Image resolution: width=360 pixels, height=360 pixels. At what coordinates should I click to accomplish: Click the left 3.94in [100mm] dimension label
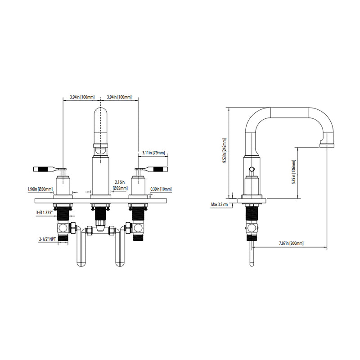tap(81, 97)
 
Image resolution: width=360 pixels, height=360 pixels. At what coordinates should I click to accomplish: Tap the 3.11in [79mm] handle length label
tap(153, 153)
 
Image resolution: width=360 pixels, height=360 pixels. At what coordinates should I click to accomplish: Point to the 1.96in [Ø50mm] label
tap(40, 189)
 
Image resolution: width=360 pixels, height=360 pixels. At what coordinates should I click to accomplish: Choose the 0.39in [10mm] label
tap(161, 189)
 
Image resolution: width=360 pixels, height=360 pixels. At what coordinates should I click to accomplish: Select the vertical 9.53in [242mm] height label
tap(224, 151)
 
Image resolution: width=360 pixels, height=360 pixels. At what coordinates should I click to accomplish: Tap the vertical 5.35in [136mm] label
tap(294, 171)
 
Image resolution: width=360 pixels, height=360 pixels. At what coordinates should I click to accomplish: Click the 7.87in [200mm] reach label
tap(291, 243)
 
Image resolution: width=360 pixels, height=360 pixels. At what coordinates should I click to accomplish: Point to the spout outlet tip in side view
tap(327, 145)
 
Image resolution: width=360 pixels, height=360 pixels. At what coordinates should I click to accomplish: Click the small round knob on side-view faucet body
tap(252, 170)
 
